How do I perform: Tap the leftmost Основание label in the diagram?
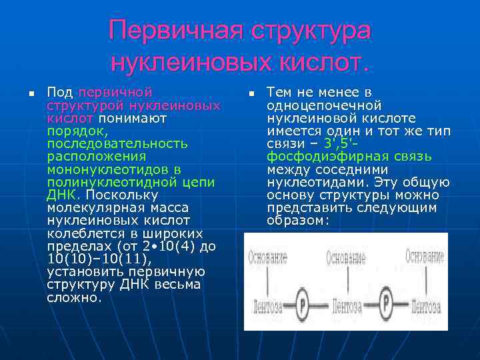[267, 257]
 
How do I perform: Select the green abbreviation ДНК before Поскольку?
[61, 195]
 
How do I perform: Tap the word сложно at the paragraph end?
[73, 298]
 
